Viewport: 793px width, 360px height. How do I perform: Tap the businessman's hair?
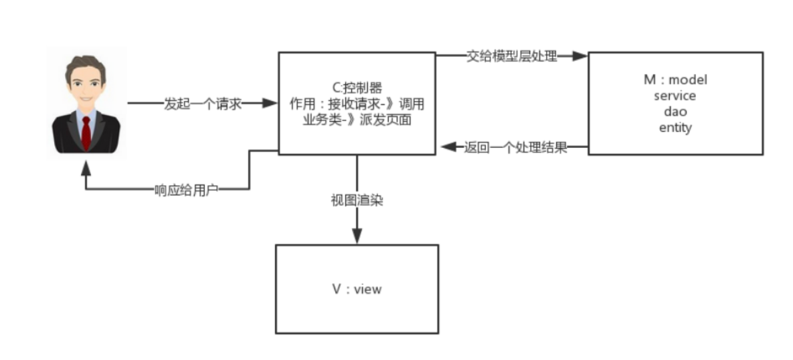[86, 65]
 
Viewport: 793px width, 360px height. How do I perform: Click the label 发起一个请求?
[202, 104]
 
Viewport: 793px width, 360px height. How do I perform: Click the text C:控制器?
[357, 87]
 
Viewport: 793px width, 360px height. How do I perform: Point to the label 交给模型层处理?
[512, 57]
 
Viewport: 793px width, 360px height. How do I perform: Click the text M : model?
[675, 80]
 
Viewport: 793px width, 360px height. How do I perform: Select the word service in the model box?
[675, 96]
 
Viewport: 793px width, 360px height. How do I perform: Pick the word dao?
[675, 112]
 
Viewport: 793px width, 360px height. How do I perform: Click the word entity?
[675, 128]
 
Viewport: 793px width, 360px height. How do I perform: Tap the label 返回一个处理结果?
[515, 147]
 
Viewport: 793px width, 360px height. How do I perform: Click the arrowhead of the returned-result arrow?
[446, 147]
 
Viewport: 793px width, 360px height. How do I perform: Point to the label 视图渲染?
[357, 200]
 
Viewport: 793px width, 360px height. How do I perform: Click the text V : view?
[357, 289]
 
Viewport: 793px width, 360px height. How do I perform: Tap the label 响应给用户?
[187, 190]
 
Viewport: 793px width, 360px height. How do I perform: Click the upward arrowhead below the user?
[86, 167]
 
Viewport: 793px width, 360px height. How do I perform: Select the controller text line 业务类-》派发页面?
[357, 120]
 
